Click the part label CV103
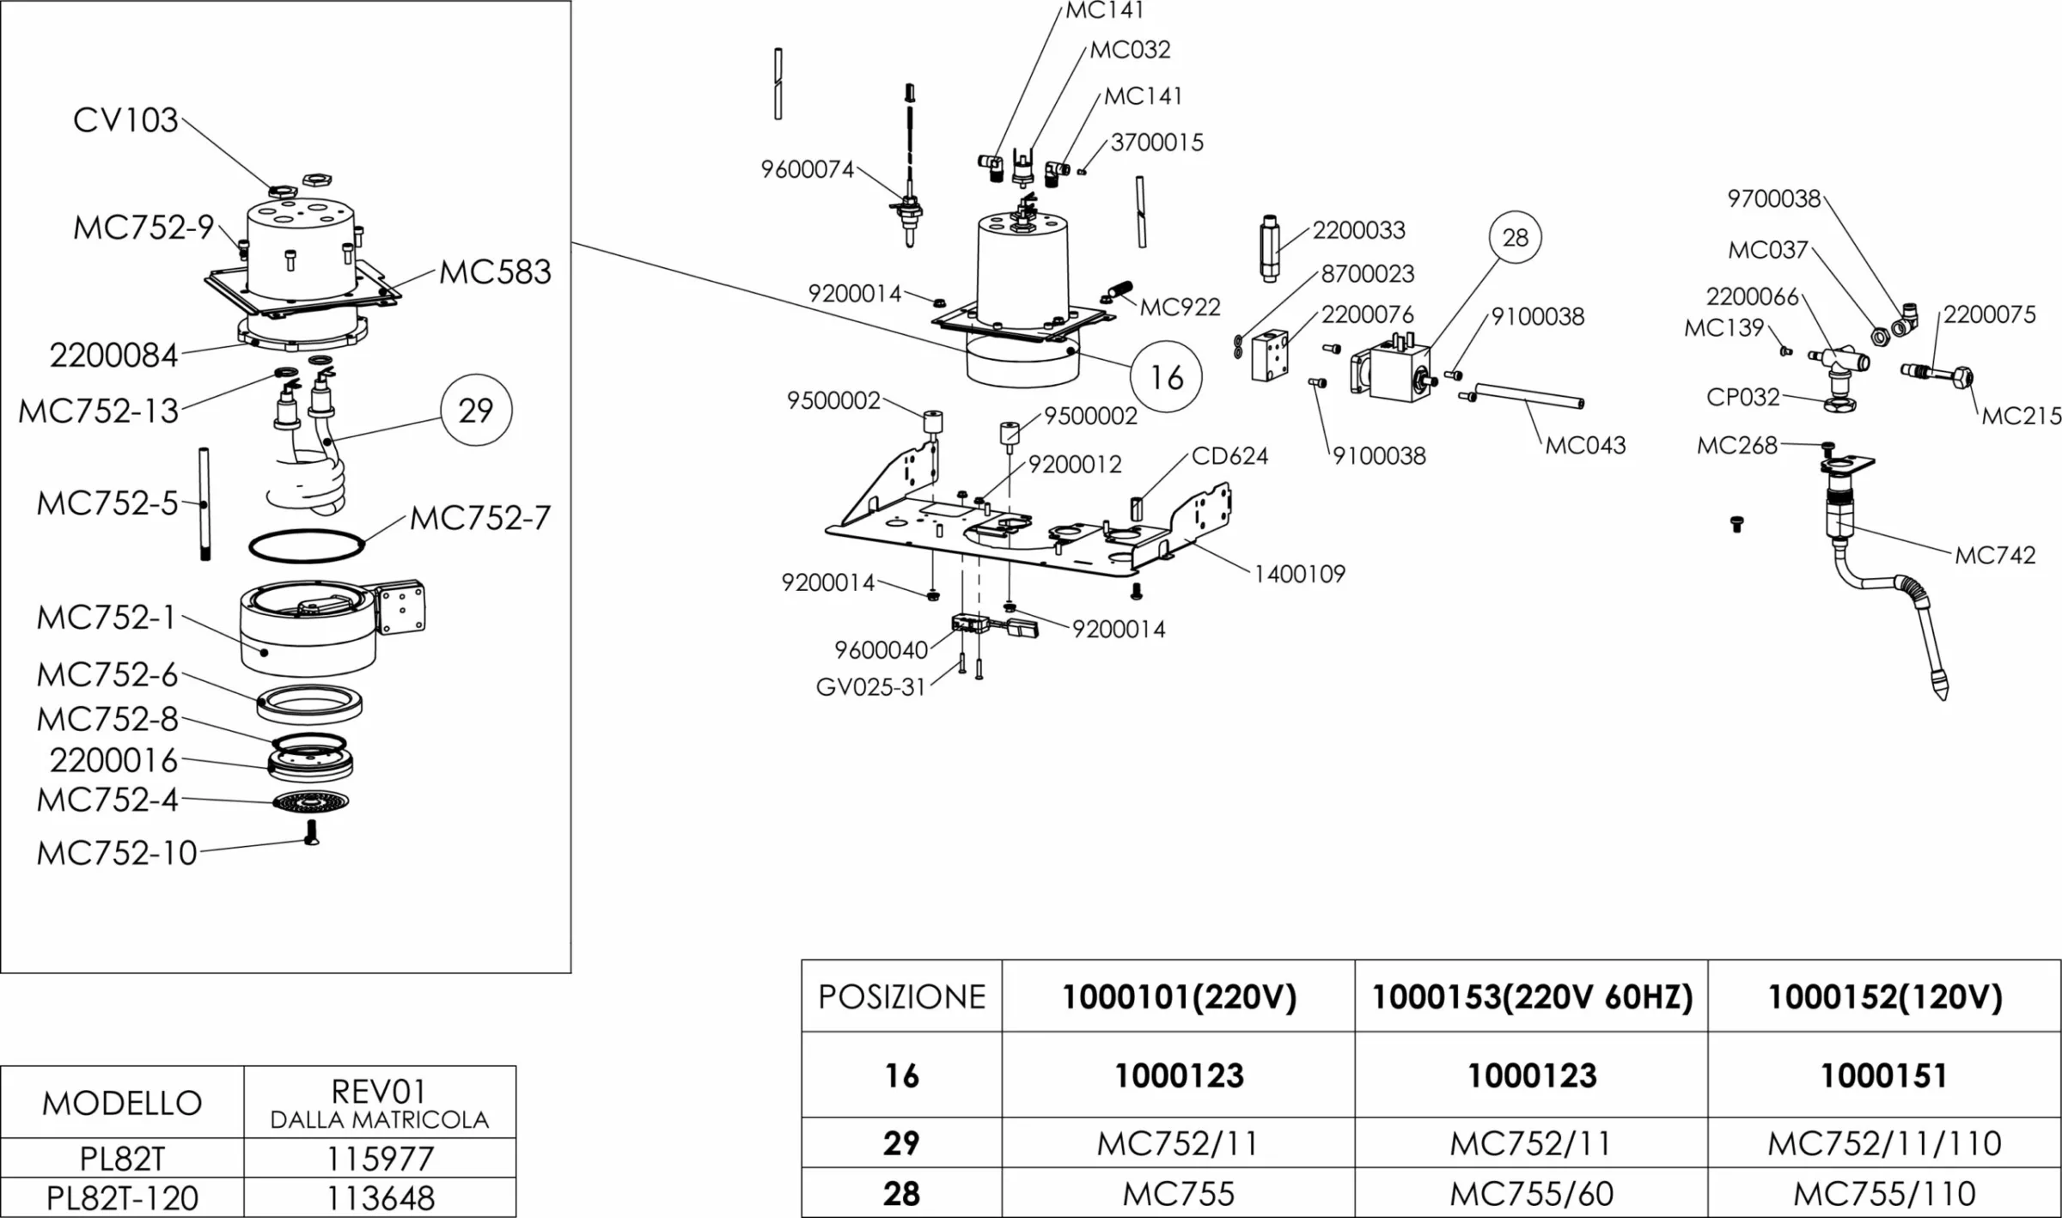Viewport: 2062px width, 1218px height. [125, 120]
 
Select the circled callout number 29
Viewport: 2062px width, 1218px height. [476, 411]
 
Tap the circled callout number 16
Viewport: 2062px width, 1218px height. [1166, 377]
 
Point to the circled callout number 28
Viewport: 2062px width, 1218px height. [1515, 237]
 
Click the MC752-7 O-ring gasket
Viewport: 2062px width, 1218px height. [306, 546]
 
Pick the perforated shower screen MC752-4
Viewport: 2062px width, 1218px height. [310, 802]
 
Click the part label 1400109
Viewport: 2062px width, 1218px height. [1299, 574]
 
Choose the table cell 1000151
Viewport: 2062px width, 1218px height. [1883, 1075]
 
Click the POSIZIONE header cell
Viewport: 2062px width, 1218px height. [901, 996]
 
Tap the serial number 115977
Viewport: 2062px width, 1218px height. [380, 1159]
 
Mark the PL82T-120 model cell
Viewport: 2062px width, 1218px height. [122, 1197]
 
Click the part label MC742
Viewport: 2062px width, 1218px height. [1995, 556]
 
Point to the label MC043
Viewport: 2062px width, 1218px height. [1585, 445]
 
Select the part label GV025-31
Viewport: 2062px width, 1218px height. [870, 687]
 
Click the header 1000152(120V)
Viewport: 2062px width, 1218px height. [1884, 996]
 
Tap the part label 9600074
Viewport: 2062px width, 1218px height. [807, 169]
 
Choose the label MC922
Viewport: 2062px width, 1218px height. [1180, 307]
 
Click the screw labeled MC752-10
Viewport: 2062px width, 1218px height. [312, 832]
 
